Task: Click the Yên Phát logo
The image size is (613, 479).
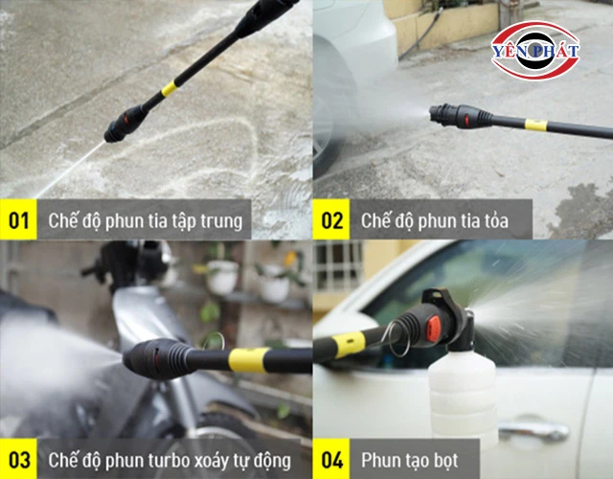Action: (x=535, y=51)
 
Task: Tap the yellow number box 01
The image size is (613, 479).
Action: (x=18, y=219)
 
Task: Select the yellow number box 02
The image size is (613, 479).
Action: (x=331, y=219)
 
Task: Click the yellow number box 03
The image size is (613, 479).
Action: (x=18, y=459)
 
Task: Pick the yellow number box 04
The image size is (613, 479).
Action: (x=331, y=459)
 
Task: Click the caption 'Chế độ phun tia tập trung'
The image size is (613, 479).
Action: (x=145, y=221)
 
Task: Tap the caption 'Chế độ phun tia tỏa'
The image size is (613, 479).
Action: (x=434, y=221)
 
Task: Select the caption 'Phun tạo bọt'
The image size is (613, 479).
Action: (x=409, y=460)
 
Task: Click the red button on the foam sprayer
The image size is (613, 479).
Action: (x=434, y=328)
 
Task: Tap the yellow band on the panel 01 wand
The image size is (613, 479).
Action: (x=170, y=89)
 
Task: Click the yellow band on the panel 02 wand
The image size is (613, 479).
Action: (x=535, y=125)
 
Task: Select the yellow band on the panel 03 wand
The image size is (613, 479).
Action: (x=248, y=360)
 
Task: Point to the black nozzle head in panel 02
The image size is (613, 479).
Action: (x=460, y=116)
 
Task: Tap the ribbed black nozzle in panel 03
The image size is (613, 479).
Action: (x=158, y=358)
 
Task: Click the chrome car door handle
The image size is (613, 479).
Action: (x=534, y=430)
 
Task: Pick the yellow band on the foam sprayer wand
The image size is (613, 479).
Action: (x=350, y=344)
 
